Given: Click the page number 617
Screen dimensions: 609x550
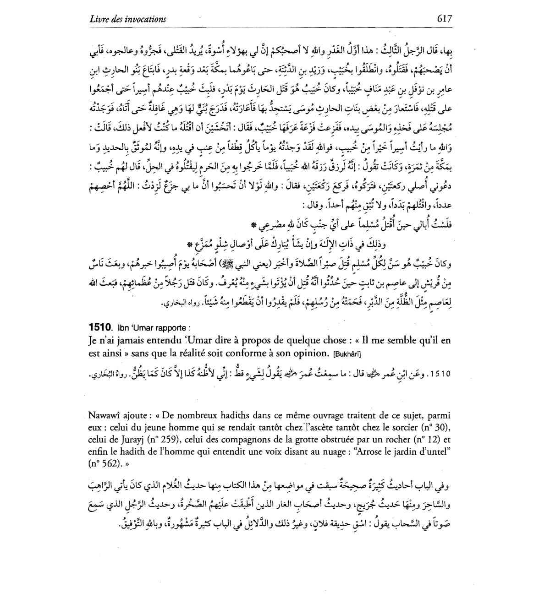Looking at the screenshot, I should click(x=444, y=18).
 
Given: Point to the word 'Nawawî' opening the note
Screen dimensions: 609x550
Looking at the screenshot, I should click(x=103, y=416).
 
